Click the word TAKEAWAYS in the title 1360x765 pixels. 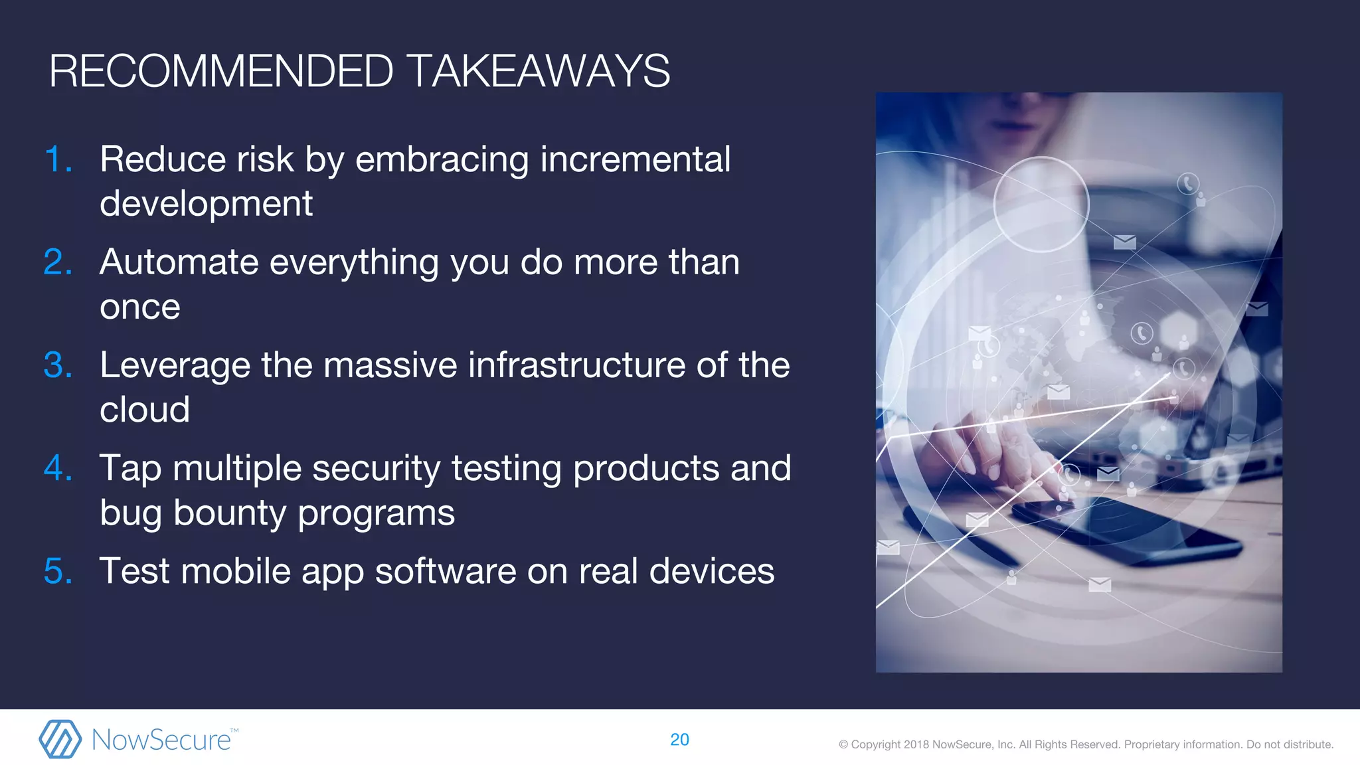(538, 71)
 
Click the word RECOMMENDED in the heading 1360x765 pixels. (221, 71)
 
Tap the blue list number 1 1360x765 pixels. (56, 160)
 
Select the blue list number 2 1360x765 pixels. (57, 262)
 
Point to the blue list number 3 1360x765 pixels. (57, 365)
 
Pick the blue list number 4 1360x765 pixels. (57, 468)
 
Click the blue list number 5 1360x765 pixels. (57, 571)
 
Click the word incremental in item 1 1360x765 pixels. (635, 160)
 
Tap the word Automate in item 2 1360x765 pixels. (179, 262)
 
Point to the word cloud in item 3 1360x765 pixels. (145, 410)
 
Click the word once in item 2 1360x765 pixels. (139, 307)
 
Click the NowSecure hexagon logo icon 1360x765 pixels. (60, 739)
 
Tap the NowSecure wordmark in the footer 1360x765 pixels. (161, 740)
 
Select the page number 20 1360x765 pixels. (679, 740)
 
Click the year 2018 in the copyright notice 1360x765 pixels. (916, 744)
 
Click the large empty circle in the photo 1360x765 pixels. (1041, 205)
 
